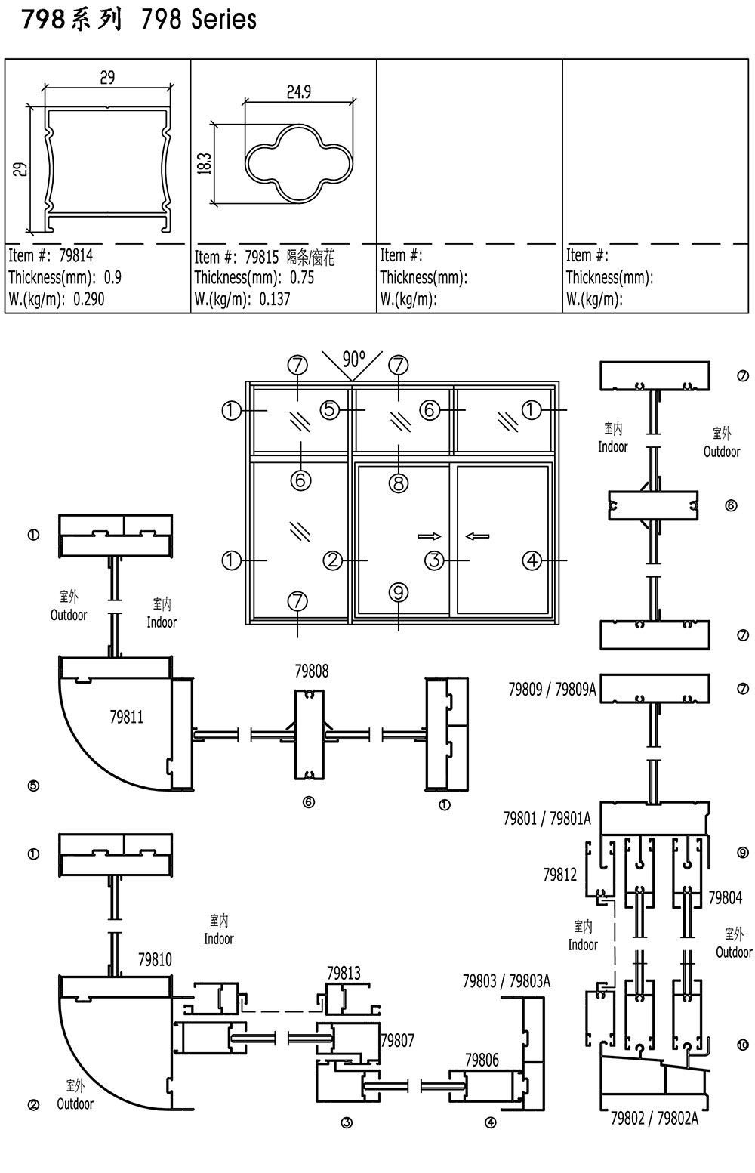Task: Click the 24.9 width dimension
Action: (298, 92)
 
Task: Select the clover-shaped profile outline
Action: (299, 163)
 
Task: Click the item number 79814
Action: (76, 255)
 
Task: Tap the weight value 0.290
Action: (88, 299)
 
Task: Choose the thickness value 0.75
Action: (302, 277)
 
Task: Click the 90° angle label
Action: (354, 360)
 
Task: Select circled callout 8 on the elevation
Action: (399, 483)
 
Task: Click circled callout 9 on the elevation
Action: (399, 593)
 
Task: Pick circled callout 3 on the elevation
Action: (434, 560)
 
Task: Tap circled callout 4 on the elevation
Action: (532, 560)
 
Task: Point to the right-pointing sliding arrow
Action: (430, 536)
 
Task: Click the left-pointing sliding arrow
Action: (477, 536)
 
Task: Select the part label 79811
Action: (127, 717)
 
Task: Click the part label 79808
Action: (312, 671)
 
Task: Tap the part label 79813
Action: (344, 973)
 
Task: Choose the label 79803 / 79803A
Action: (507, 981)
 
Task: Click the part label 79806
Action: (482, 1060)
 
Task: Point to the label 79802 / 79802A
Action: (655, 1119)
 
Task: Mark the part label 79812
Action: (559, 875)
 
